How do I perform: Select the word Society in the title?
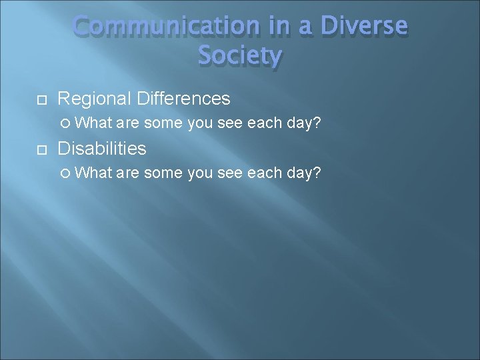tap(240, 55)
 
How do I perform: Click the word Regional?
tap(95, 99)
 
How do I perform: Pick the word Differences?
tap(183, 99)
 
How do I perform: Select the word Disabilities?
tap(102, 148)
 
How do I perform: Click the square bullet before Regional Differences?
tap(41, 100)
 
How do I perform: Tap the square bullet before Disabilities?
tap(41, 149)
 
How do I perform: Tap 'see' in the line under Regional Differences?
tap(230, 123)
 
